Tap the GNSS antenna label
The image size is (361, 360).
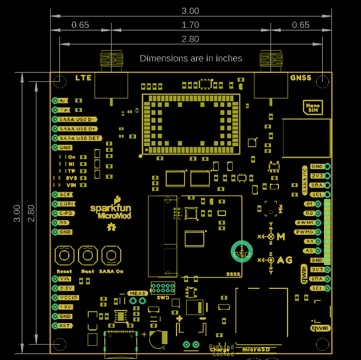pyautogui.click(x=301, y=77)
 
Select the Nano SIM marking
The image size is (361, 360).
pyautogui.click(x=313, y=107)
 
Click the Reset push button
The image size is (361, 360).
pyautogui.click(x=64, y=256)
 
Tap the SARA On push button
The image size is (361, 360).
pyautogui.click(x=112, y=256)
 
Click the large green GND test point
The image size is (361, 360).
pyautogui.click(x=241, y=253)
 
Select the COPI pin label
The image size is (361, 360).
pyautogui.click(x=66, y=204)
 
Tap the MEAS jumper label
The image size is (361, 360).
pyautogui.click(x=137, y=293)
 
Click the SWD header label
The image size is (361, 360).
pyautogui.click(x=162, y=297)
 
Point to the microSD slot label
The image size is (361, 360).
pyautogui.click(x=255, y=349)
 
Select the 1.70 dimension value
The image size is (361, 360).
pyautogui.click(x=190, y=25)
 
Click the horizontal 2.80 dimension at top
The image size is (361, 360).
pyautogui.click(x=190, y=39)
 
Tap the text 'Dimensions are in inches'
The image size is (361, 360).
pyautogui.click(x=191, y=58)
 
